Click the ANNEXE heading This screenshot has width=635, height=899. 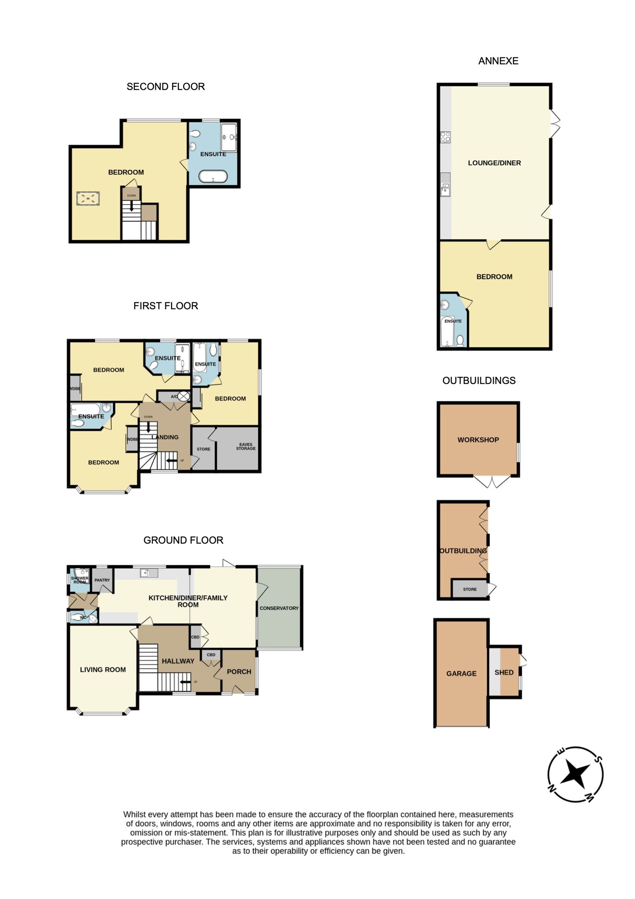coord(498,61)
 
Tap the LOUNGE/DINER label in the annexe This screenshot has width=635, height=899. coord(494,163)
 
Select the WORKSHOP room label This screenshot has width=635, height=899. coord(478,440)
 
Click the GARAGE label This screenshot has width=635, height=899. coord(461,673)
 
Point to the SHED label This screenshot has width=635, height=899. coord(504,672)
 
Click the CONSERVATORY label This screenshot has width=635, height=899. coord(279,608)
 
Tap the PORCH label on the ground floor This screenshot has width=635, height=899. coord(239,671)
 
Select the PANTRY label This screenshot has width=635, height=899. coord(102,580)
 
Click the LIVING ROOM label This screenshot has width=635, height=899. coord(103,670)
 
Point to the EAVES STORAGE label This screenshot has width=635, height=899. coord(246,446)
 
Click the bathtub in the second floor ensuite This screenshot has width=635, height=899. coord(213,177)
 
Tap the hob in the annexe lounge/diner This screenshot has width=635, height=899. coord(445,137)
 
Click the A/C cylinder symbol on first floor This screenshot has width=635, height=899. coord(184,396)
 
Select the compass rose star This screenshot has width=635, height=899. coord(575,774)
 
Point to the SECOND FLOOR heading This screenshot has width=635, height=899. coord(165,86)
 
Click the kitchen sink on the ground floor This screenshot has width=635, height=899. coord(149,573)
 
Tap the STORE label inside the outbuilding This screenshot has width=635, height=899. coord(470,589)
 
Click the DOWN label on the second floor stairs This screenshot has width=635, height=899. coord(131,195)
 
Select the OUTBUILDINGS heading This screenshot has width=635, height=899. coord(479,381)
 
